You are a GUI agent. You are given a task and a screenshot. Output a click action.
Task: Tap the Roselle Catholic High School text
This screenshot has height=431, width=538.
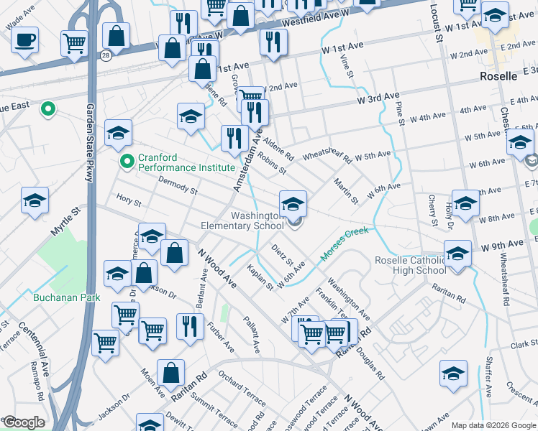(x=411, y=265)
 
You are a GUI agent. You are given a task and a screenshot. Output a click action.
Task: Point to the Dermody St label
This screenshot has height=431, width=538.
(x=177, y=185)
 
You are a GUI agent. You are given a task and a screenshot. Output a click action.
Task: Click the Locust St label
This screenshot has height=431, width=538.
(x=434, y=22)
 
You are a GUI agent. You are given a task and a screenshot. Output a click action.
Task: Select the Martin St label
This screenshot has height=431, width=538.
(x=345, y=191)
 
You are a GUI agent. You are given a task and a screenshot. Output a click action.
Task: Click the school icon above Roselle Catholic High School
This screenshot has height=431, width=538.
(x=457, y=253)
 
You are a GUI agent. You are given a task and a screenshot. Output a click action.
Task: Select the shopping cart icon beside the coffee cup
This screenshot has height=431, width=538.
(x=74, y=45)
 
